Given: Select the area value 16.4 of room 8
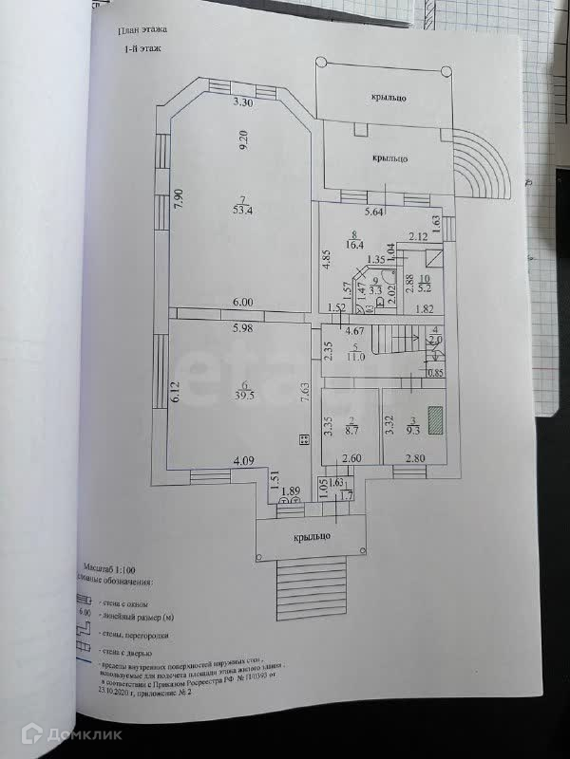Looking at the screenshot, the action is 354,244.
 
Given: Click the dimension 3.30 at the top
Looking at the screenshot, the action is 243,102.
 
